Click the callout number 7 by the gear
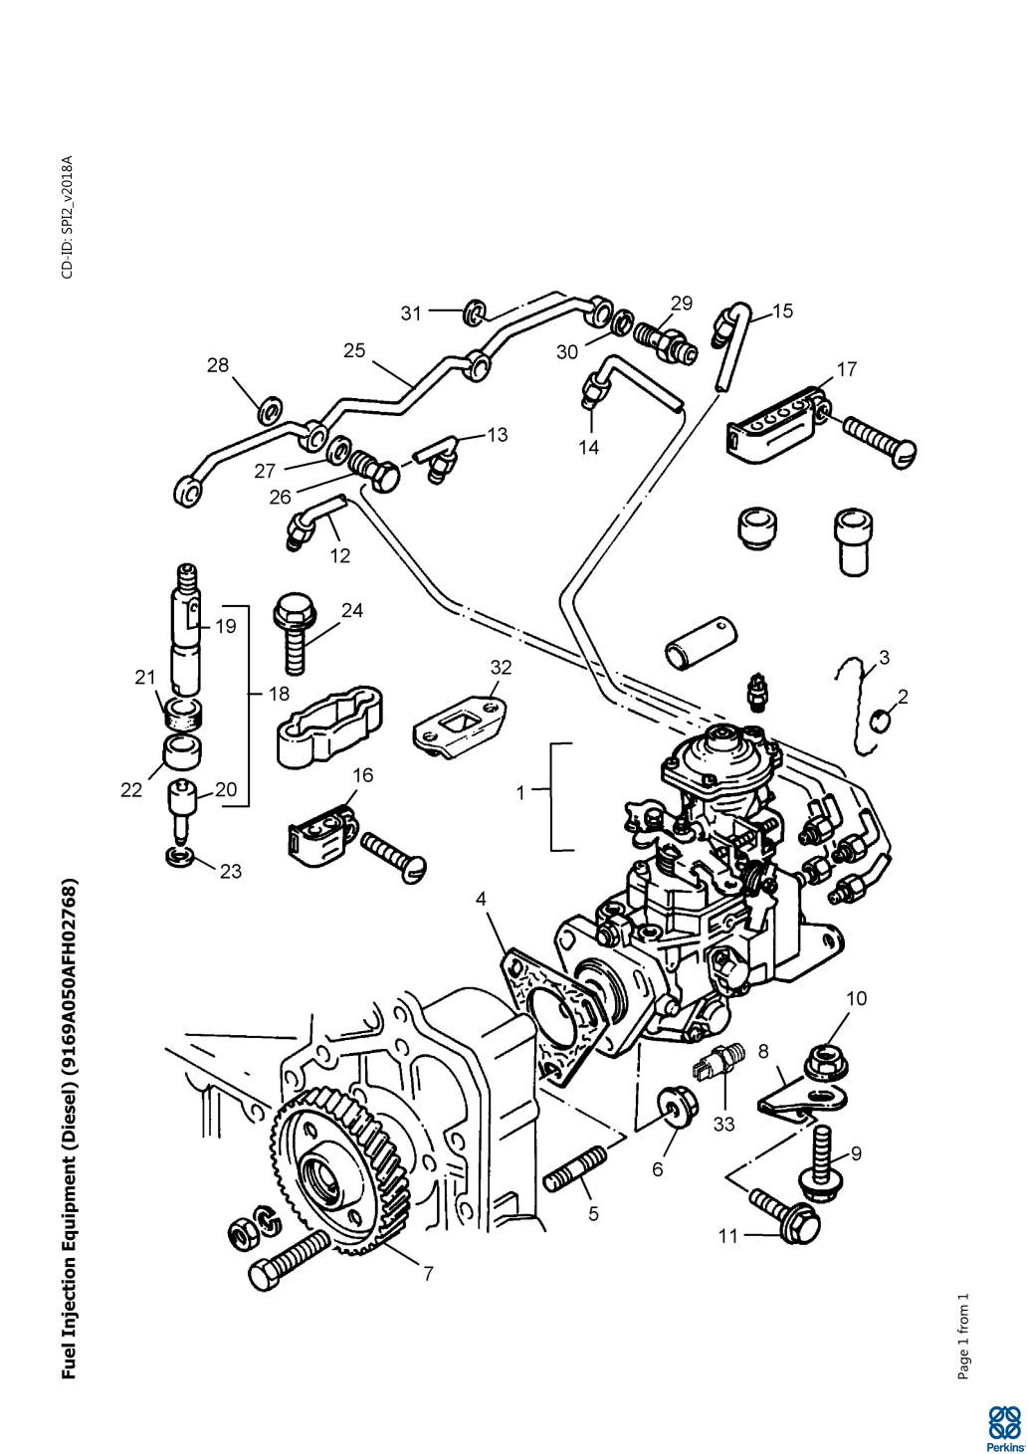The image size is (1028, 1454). coord(428,1273)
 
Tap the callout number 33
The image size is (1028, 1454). coord(724,1125)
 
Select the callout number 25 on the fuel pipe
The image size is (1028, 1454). coord(355,350)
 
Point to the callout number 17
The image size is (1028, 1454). coord(846,369)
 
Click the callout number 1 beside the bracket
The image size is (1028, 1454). coord(519,793)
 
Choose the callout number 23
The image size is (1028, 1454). coord(230,871)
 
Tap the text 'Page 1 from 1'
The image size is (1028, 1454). coord(962,1337)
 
